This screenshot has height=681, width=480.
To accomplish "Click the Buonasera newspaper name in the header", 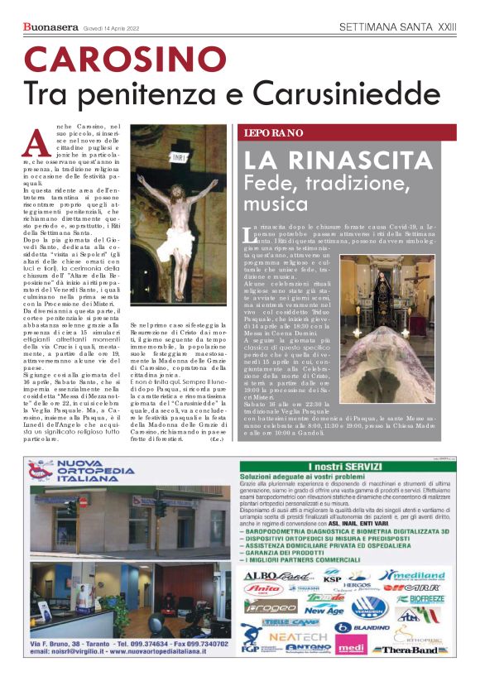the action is tap(50, 27).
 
